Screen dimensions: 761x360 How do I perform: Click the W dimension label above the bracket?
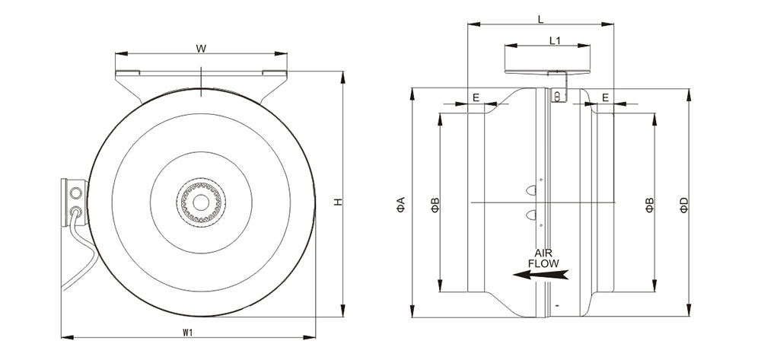[200, 49]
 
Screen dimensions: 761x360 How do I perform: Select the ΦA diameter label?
[401, 204]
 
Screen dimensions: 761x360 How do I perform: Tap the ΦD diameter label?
[684, 204]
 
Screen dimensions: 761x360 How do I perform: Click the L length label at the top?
[540, 17]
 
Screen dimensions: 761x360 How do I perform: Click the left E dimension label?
[476, 97]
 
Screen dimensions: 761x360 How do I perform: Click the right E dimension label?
[605, 97]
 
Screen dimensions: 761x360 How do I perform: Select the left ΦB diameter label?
[435, 204]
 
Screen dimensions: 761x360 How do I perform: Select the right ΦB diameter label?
[650, 204]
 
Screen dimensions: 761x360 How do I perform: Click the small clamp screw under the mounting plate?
[557, 96]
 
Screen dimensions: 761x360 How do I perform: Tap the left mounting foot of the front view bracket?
[128, 73]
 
